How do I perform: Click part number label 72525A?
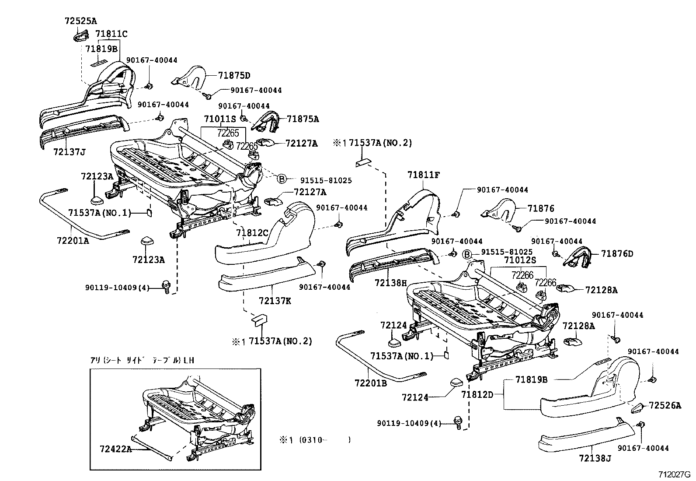(80, 20)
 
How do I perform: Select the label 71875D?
(234, 75)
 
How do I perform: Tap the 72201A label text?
(72, 240)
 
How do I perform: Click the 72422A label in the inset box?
(115, 449)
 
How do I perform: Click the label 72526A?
(665, 406)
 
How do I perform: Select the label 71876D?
(617, 253)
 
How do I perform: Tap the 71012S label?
(520, 260)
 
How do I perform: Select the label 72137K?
(275, 301)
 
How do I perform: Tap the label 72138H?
(390, 283)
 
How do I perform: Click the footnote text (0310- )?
(324, 440)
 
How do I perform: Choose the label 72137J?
(69, 152)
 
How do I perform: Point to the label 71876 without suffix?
(540, 209)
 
